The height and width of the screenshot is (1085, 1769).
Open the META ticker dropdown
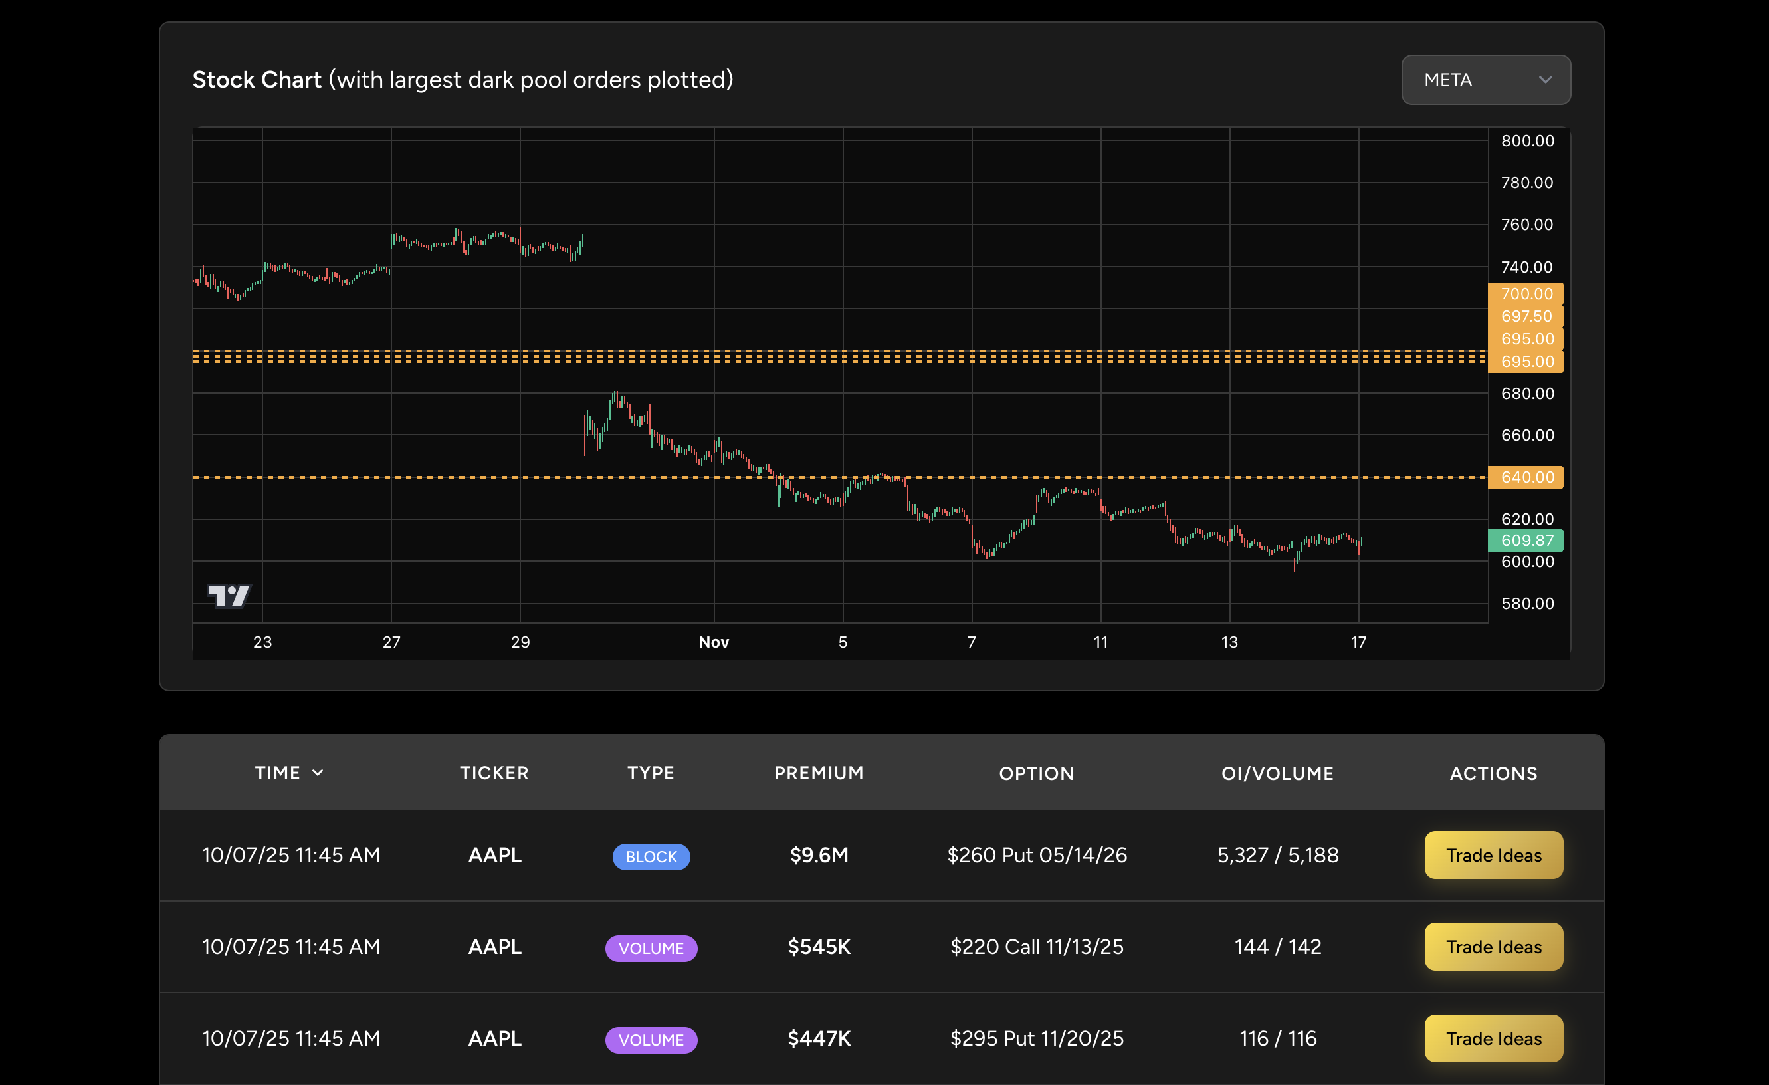[1485, 80]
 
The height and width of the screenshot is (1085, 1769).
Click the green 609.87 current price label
[1526, 540]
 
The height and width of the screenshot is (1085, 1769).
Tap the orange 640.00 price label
[1526, 477]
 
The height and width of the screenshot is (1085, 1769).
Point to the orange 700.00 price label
[1526, 293]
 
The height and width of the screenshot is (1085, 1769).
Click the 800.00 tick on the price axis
[1527, 141]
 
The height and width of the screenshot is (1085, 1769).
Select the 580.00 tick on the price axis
[1527, 603]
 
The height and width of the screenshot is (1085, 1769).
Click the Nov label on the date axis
[714, 642]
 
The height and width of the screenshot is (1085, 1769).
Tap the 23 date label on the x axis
[262, 642]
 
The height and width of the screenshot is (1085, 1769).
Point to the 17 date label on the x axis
[1358, 642]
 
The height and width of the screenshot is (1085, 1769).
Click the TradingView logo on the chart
[229, 595]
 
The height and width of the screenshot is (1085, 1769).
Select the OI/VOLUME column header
[1277, 773]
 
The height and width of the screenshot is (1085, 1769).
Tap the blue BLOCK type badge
[651, 856]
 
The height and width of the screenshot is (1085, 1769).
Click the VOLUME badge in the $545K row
[651, 948]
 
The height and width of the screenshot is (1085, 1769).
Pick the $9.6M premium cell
[819, 854]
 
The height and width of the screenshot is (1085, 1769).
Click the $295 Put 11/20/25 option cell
[1037, 1038]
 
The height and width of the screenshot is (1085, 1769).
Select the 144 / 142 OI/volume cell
[1277, 947]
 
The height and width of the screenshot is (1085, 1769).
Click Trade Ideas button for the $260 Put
[1493, 854]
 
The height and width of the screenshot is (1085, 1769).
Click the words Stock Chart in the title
[257, 80]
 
